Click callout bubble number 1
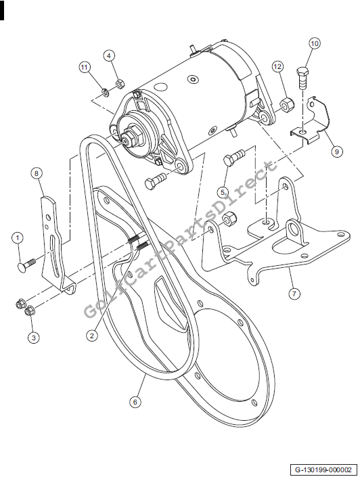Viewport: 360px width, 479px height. click(x=18, y=237)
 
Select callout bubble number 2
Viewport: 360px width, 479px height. click(x=91, y=336)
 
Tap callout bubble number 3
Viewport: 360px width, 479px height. click(x=34, y=338)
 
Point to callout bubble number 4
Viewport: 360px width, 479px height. click(x=109, y=55)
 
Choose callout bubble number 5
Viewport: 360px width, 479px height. click(x=223, y=192)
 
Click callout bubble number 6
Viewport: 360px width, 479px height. click(x=135, y=402)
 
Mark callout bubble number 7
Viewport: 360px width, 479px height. click(x=294, y=294)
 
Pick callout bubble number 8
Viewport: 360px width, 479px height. click(x=37, y=173)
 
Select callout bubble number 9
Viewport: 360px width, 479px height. click(x=336, y=152)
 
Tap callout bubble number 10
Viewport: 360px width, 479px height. click(x=315, y=43)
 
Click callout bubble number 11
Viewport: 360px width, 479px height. click(x=85, y=67)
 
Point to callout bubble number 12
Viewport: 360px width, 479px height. click(x=277, y=66)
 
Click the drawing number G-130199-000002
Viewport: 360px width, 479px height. click(x=323, y=470)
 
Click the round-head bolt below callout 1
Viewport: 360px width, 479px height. click(x=27, y=265)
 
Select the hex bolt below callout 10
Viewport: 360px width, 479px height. click(x=302, y=78)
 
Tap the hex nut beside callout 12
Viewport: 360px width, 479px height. click(x=287, y=106)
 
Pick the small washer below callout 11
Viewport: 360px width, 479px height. click(x=105, y=91)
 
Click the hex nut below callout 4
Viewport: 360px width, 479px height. click(x=120, y=85)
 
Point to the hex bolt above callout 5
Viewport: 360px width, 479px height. click(x=234, y=157)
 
